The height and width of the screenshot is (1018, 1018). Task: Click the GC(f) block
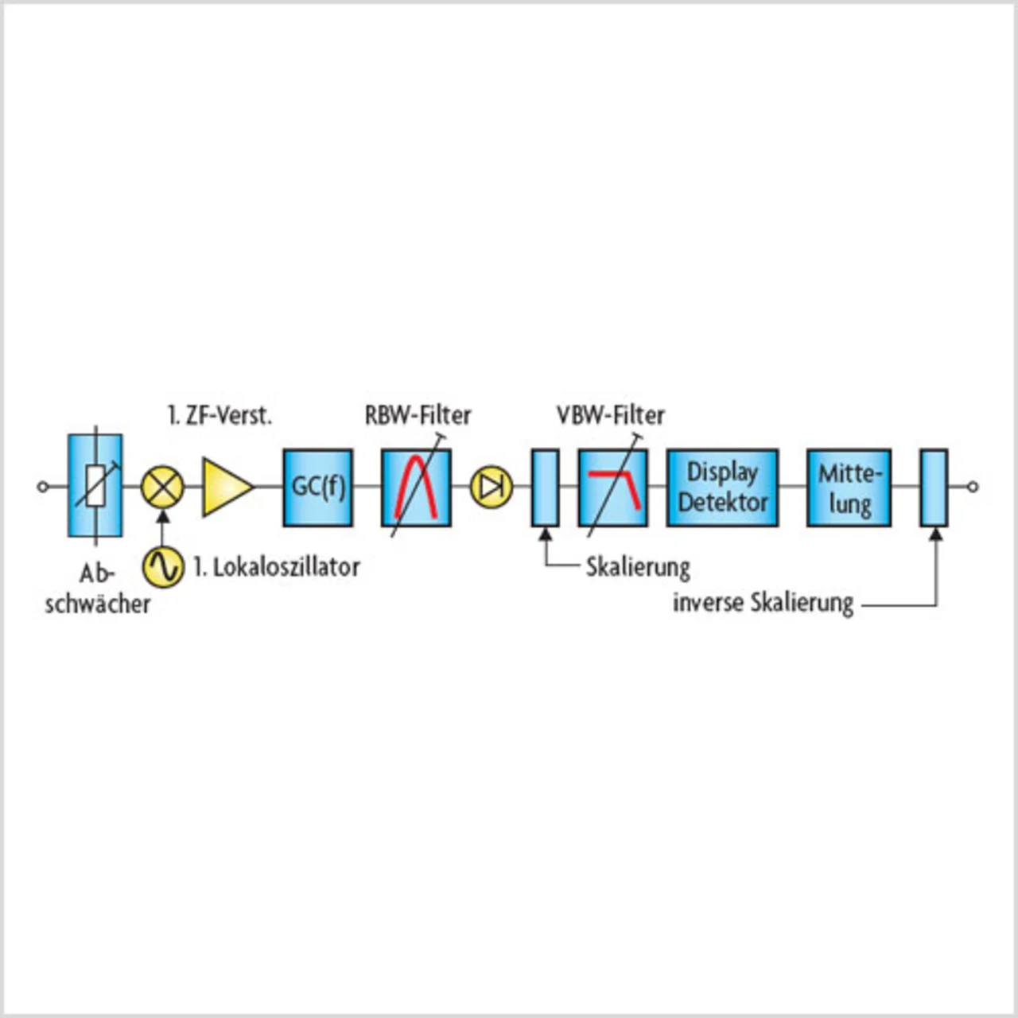pyautogui.click(x=318, y=487)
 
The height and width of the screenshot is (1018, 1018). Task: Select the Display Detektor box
pyautogui.click(x=722, y=487)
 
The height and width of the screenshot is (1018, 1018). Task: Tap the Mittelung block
pyautogui.click(x=849, y=487)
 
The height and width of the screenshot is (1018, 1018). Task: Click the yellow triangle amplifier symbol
pyautogui.click(x=226, y=487)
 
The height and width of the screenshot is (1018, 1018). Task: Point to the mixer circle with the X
pyautogui.click(x=162, y=487)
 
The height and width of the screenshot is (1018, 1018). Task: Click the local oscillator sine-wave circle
pyautogui.click(x=163, y=566)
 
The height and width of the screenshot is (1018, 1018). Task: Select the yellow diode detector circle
pyautogui.click(x=491, y=487)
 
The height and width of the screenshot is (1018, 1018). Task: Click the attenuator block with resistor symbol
pyautogui.click(x=95, y=485)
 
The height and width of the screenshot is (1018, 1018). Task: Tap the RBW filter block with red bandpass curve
pyautogui.click(x=416, y=487)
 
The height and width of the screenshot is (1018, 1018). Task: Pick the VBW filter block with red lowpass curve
pyautogui.click(x=613, y=487)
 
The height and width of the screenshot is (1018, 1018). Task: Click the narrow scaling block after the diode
pyautogui.click(x=545, y=487)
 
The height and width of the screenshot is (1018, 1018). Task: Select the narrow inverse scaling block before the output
pyautogui.click(x=934, y=487)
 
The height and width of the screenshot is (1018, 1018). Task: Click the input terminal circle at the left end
pyautogui.click(x=43, y=487)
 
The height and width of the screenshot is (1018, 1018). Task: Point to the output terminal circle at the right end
pyautogui.click(x=973, y=487)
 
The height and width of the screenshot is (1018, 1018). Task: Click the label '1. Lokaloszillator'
pyautogui.click(x=276, y=567)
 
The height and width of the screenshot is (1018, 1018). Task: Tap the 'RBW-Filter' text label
pyautogui.click(x=418, y=415)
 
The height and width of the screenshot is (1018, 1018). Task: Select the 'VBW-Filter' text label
pyautogui.click(x=610, y=415)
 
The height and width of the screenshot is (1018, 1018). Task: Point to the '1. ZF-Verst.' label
pyautogui.click(x=220, y=415)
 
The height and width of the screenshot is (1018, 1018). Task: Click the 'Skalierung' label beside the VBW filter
pyautogui.click(x=638, y=567)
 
